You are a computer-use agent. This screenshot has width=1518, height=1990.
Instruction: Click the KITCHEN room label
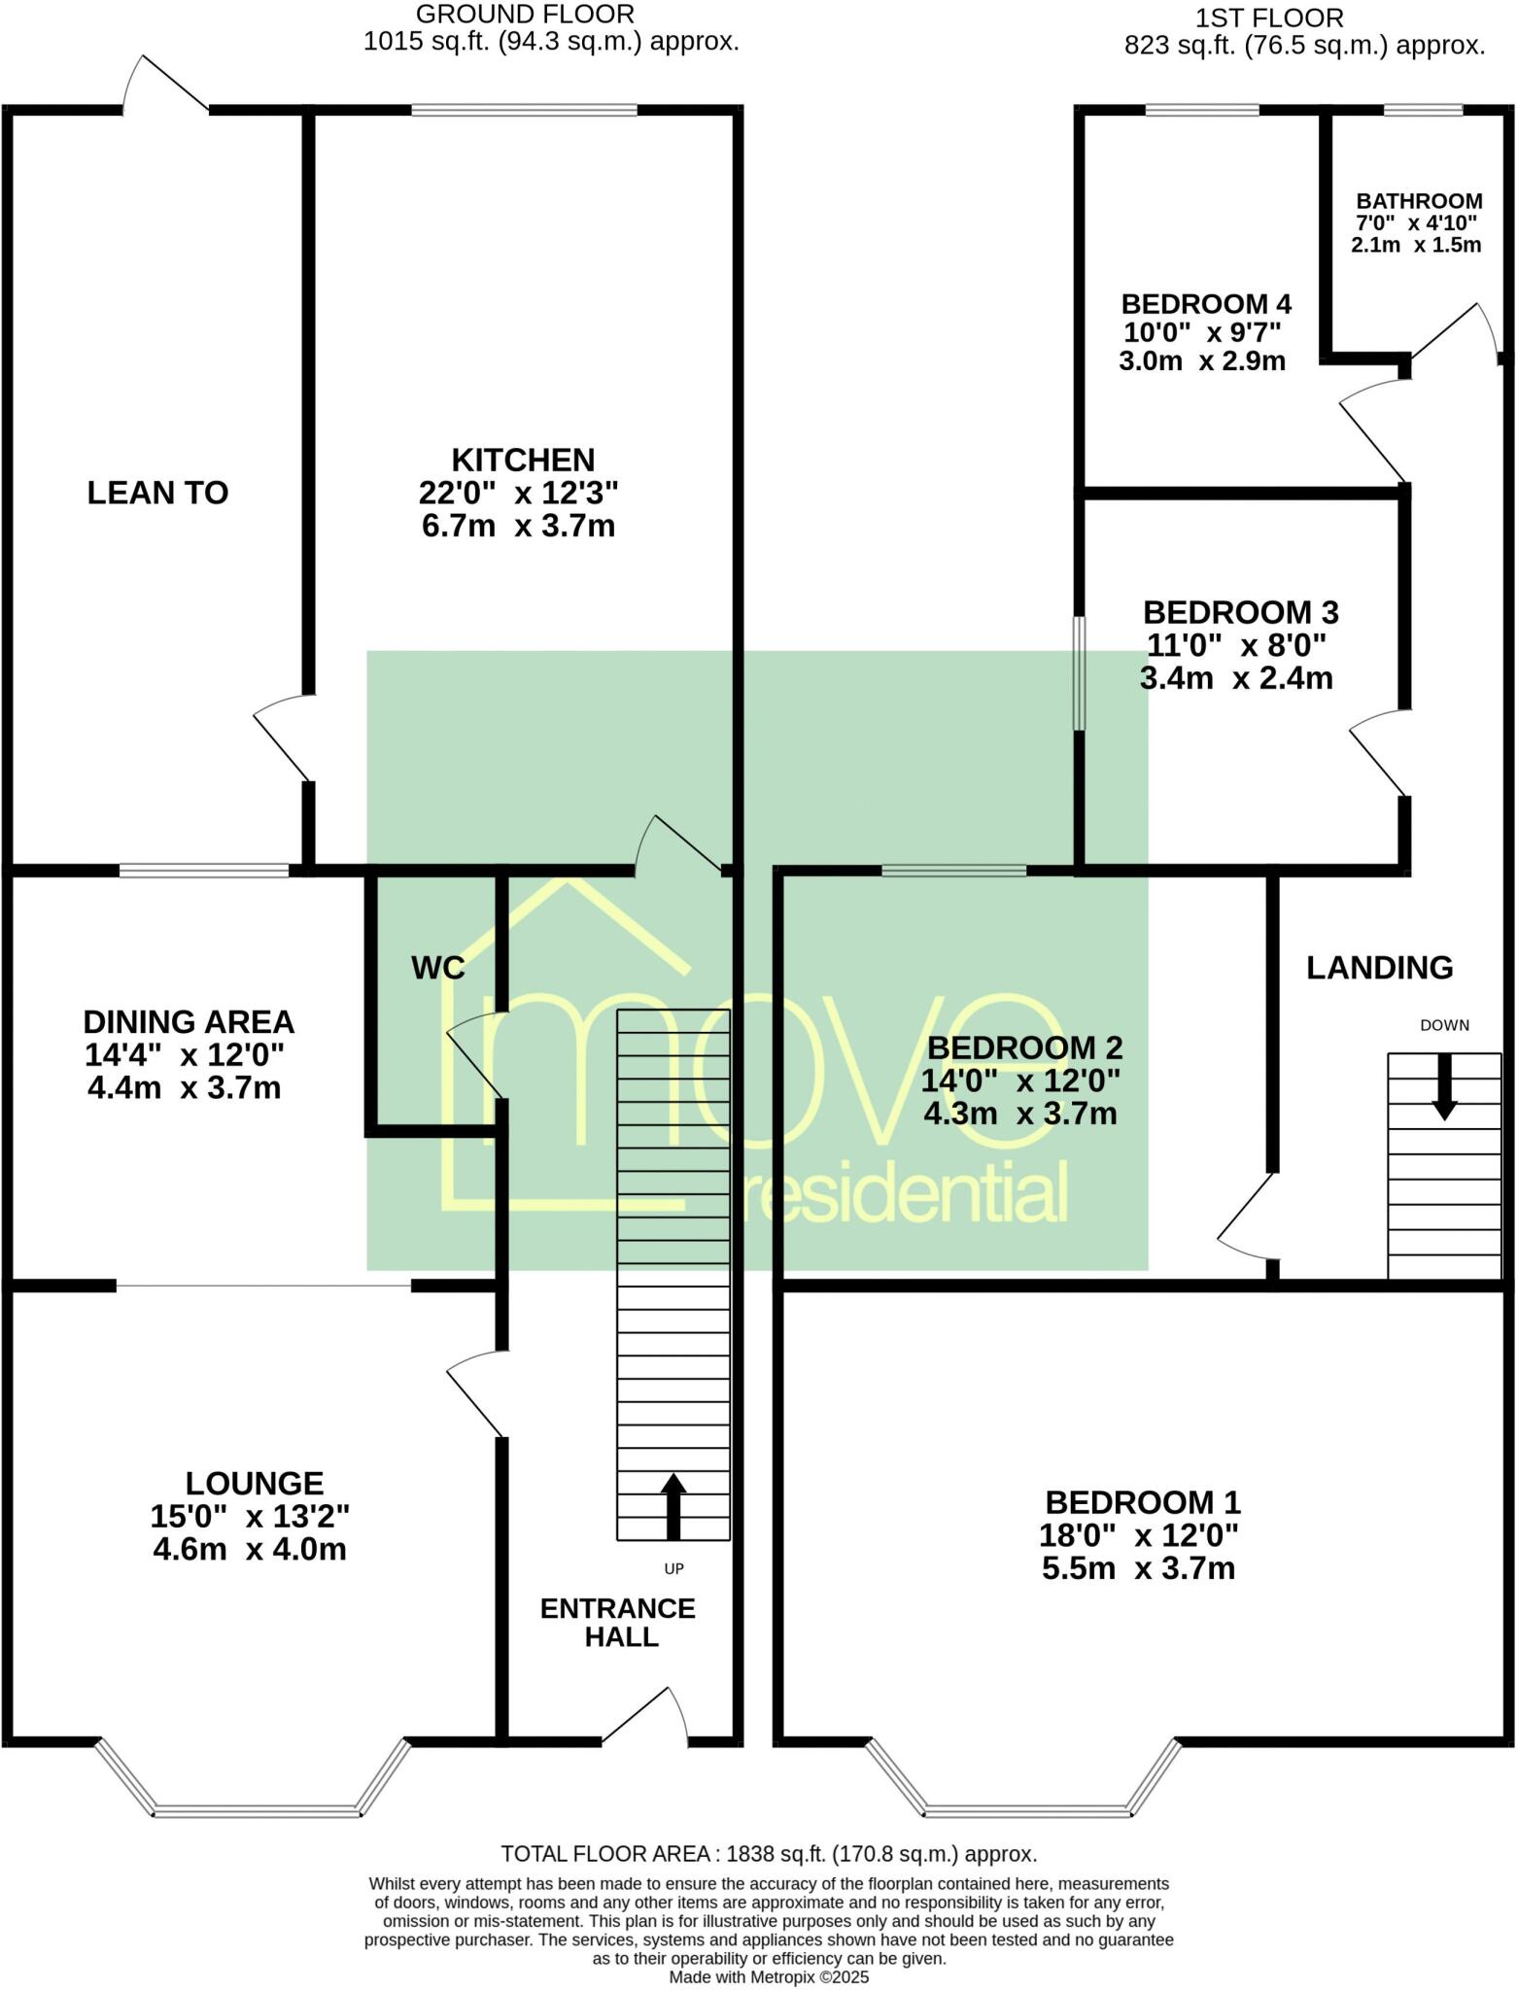(x=523, y=460)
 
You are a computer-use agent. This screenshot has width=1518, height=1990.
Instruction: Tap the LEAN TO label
(x=157, y=493)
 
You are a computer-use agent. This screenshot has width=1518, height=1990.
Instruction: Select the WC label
(x=437, y=968)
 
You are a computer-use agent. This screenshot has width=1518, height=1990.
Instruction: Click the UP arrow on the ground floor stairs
(x=673, y=1506)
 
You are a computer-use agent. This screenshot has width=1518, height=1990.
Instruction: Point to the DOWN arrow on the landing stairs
(x=1444, y=1086)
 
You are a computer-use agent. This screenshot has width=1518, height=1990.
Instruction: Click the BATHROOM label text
(x=1419, y=201)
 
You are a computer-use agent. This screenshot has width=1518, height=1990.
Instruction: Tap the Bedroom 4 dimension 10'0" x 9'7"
(x=1201, y=332)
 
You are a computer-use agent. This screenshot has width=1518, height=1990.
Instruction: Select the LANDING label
(x=1379, y=968)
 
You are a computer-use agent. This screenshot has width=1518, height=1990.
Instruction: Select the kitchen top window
(x=524, y=110)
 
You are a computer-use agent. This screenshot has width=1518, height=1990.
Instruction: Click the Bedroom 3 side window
(x=1079, y=672)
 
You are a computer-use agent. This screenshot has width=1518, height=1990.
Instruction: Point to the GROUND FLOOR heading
(x=525, y=15)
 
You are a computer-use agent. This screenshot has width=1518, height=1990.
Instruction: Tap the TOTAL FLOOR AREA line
(x=769, y=1854)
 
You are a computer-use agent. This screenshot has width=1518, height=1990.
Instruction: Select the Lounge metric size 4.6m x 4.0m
(x=250, y=1549)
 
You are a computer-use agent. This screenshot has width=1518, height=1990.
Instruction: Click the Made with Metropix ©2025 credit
(x=769, y=1976)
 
